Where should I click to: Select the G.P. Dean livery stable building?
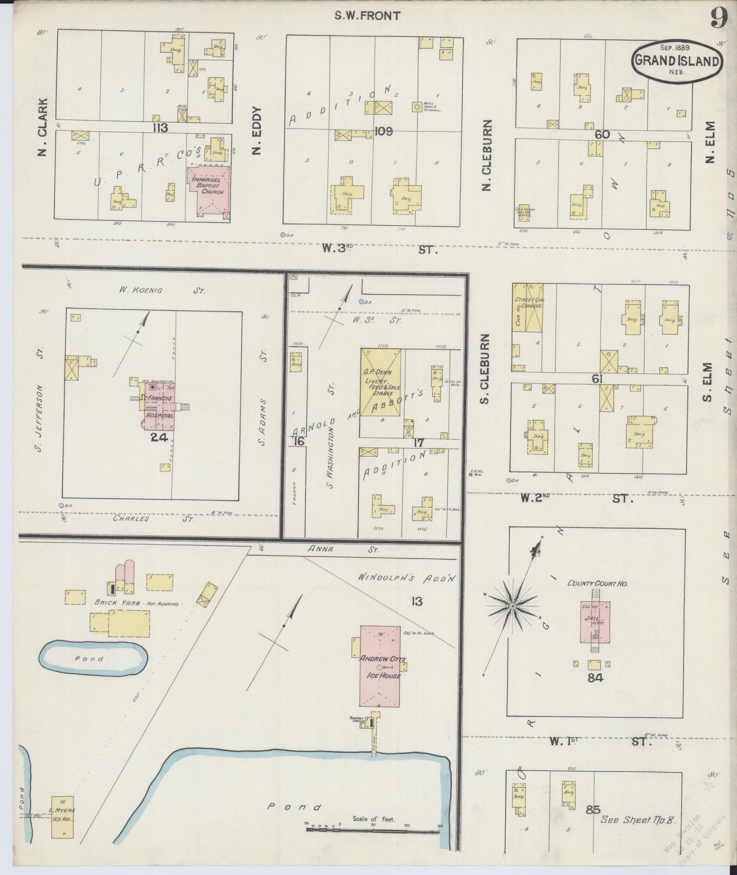click(381, 383)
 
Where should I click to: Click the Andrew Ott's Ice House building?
click(380, 667)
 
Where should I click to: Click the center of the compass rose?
click(513, 606)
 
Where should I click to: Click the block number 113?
click(161, 128)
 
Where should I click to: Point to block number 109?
click(383, 132)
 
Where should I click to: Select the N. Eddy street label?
click(256, 131)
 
